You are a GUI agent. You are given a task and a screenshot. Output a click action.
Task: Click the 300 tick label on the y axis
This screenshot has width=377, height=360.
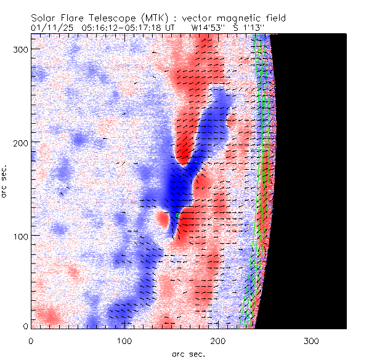pos(20,48)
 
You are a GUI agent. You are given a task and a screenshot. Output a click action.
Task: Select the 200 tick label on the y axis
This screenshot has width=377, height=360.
pos(20,142)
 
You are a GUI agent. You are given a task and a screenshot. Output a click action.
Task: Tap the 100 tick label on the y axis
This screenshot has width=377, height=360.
pos(20,236)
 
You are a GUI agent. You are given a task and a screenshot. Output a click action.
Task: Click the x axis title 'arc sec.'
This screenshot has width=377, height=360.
pos(188,354)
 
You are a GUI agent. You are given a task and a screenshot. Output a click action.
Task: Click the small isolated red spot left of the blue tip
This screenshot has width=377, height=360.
pos(163,218)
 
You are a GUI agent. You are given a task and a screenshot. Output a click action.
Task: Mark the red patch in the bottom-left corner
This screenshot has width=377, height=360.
pos(46,316)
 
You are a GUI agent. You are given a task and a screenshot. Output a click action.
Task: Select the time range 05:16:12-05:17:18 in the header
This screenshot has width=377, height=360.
pos(120,28)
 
